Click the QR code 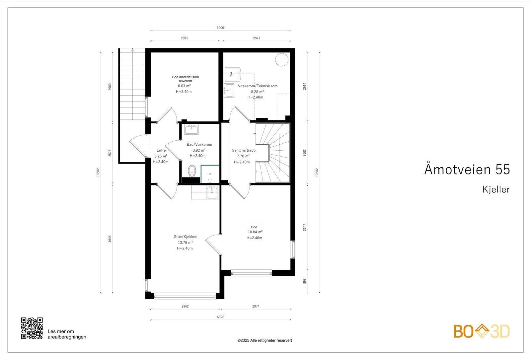(32, 328)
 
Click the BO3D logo (482, 331)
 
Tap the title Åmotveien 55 (467, 170)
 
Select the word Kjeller (496, 189)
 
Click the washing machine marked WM (233, 74)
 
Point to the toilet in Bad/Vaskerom (191, 171)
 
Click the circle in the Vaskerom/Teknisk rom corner (282, 60)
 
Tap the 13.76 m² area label (185, 243)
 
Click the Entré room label (161, 150)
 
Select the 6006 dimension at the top (220, 28)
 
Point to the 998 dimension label (304, 281)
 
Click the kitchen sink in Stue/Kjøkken (212, 192)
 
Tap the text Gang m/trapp (244, 150)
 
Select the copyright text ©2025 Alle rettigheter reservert (265, 340)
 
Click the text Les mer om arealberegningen (67, 334)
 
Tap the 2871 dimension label (257, 38)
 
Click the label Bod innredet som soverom (185, 79)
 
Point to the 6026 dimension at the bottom (220, 317)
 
